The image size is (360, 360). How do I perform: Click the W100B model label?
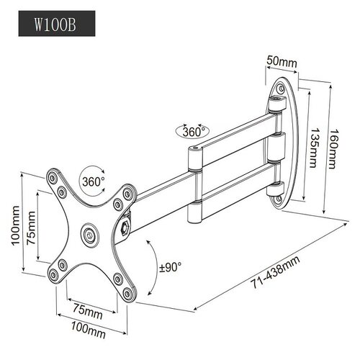55,24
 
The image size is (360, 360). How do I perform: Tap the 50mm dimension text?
282,61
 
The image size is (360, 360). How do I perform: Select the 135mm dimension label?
314,148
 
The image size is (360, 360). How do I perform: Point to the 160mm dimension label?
333,149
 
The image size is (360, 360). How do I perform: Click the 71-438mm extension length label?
276,272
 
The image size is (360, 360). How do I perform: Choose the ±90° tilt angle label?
170,267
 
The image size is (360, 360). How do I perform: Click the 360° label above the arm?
194,131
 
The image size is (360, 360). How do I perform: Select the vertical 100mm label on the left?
17,225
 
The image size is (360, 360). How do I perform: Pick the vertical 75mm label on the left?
31,228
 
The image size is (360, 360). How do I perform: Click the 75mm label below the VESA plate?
88,311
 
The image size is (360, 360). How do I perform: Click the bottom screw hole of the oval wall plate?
279,199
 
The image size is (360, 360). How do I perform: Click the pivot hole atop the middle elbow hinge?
195,148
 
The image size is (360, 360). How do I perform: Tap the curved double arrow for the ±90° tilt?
153,267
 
